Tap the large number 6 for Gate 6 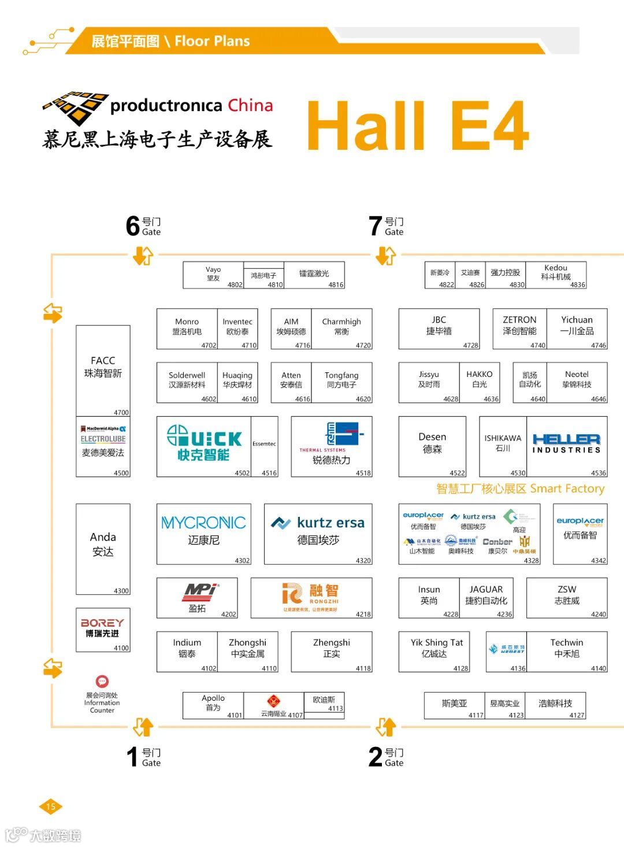pos(133,226)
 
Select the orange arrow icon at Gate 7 pos(385,255)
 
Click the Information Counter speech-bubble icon pos(102,682)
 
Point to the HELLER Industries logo pos(566,443)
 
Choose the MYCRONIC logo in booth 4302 pos(203,523)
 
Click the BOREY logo pos(102,623)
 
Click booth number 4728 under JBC pos(470,345)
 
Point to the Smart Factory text pos(567,489)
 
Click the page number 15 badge pos(50,807)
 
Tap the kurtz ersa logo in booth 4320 pos(318,523)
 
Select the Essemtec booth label pos(264,444)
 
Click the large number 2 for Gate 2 pos(376,757)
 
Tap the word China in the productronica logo pos(250,105)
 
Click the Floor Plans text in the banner pos(212,41)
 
